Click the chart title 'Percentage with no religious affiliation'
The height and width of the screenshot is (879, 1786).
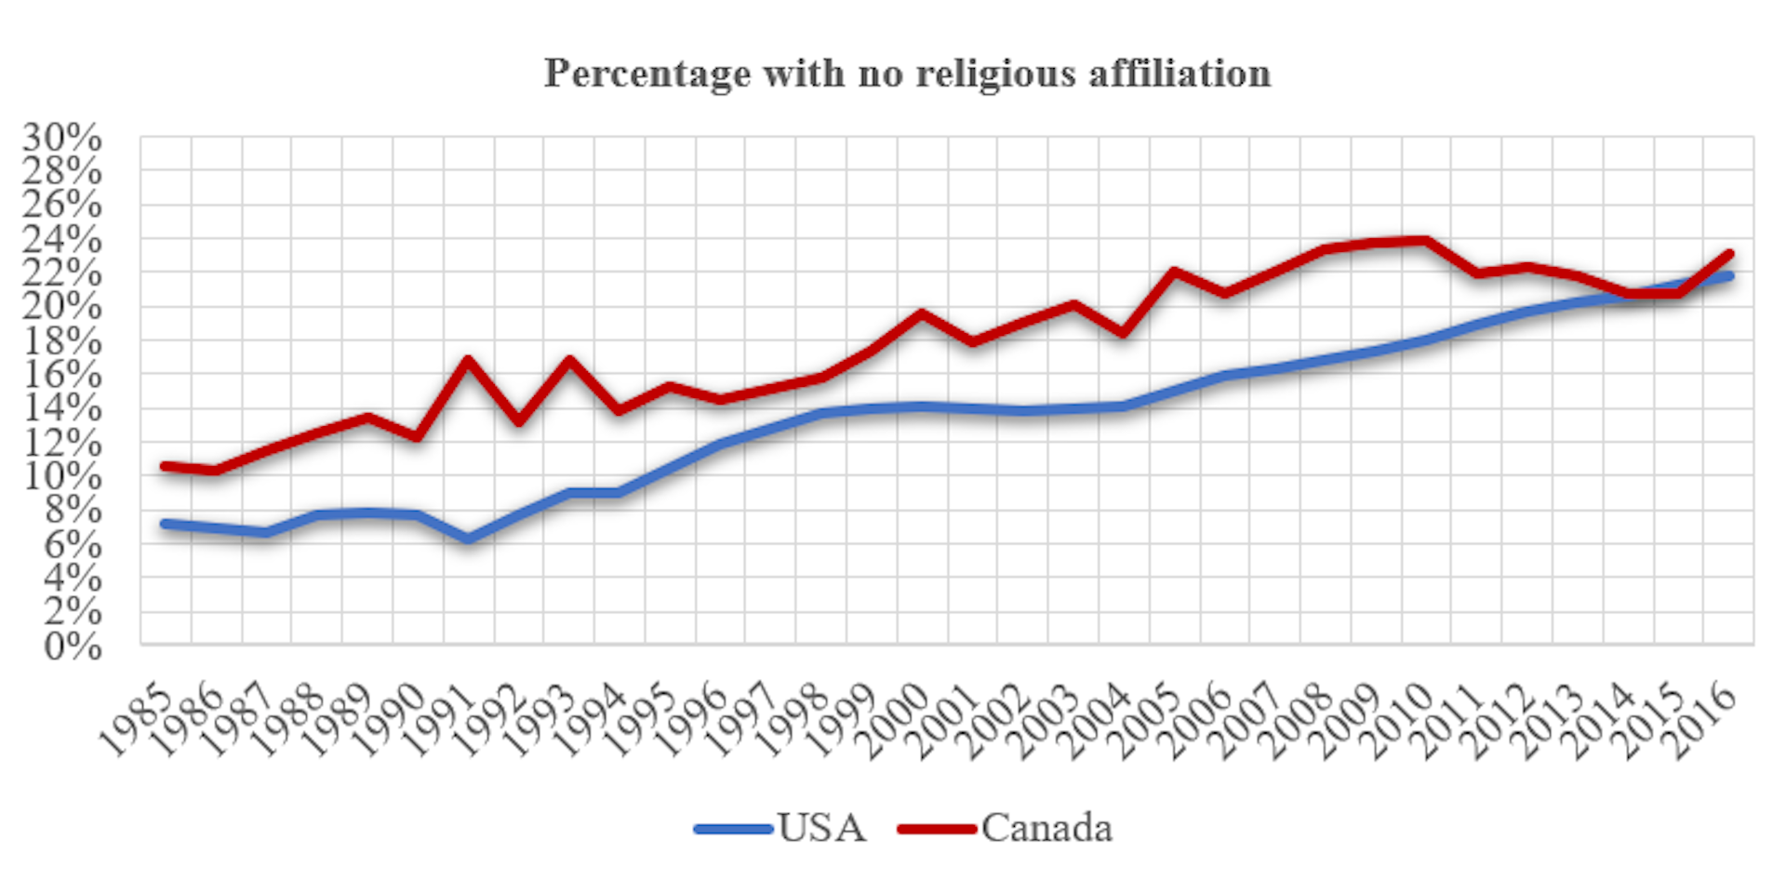pos(907,73)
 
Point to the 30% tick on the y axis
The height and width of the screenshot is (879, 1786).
pos(62,138)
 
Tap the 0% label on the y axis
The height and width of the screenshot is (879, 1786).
pos(73,646)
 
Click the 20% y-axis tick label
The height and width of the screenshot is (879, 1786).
pos(62,307)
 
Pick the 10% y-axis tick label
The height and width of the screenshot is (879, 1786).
pos(62,476)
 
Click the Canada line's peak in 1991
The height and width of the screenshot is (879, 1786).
pos(468,360)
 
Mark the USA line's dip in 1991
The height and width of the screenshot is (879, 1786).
pos(468,538)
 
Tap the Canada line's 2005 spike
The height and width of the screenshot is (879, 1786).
pos(1174,272)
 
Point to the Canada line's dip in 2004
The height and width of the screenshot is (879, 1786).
pos(1124,332)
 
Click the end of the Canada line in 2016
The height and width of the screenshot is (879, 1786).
pos(1728,253)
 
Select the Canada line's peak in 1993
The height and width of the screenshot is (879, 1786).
pos(568,360)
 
